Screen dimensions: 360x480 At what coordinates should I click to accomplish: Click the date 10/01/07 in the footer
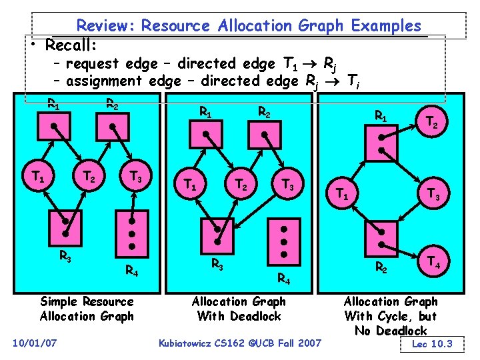pos(35,343)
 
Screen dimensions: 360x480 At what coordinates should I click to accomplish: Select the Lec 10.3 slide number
pos(432,344)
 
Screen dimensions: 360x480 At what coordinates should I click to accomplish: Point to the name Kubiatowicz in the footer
pos(189,343)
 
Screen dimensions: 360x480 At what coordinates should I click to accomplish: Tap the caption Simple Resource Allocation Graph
pos(87,309)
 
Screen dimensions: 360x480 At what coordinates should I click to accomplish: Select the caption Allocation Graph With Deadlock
pos(238,309)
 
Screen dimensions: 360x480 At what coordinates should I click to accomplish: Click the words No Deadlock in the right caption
pos(391,331)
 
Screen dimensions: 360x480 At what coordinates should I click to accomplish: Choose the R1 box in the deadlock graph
pos(208,134)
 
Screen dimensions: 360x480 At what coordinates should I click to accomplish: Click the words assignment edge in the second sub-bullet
pos(124,81)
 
